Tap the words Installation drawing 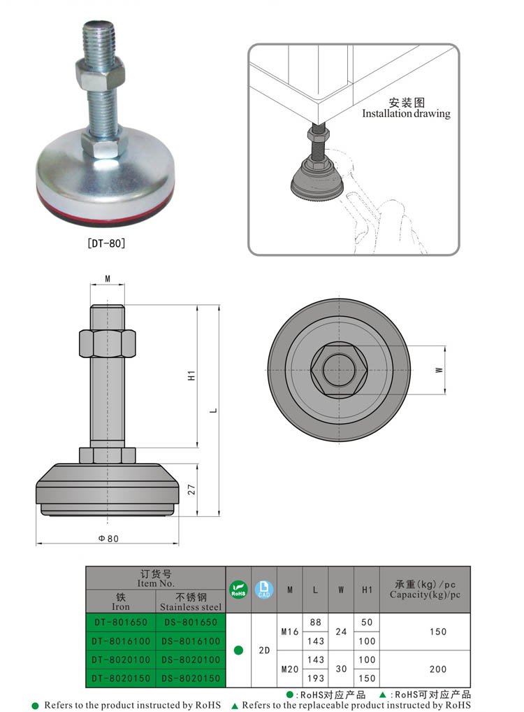[406, 113]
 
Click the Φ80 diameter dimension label [108, 539]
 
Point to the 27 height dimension [191, 489]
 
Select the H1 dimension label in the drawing [191, 376]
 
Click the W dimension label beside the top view [439, 369]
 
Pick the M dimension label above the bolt [108, 279]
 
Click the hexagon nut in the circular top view [337, 369]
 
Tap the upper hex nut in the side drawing [108, 343]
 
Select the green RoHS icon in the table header [238, 590]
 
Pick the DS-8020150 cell [190, 678]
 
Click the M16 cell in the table [289, 632]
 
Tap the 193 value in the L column [315, 678]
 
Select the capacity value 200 [438, 669]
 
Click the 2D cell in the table [264, 650]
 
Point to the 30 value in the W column [341, 669]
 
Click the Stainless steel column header [190, 603]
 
